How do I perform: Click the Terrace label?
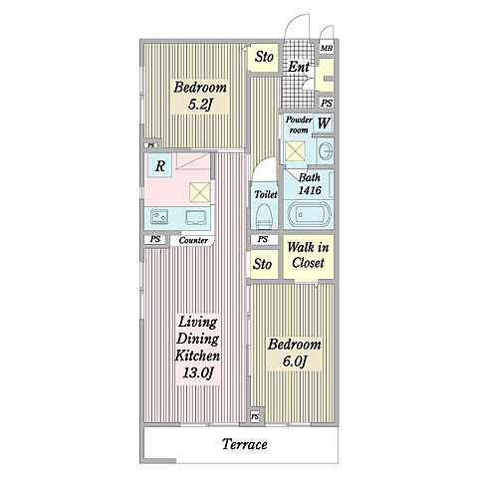[244, 444]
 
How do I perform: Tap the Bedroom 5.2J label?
[200, 96]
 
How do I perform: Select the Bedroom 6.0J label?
[295, 353]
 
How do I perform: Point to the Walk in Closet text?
[308, 255]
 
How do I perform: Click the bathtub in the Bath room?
[309, 214]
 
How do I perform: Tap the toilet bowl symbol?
[265, 216]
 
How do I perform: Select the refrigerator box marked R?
[160, 165]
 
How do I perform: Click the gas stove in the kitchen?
[159, 217]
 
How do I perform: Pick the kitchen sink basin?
[196, 218]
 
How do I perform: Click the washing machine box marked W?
[323, 123]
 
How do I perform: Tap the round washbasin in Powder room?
[326, 150]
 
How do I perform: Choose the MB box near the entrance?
[327, 49]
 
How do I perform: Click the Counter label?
[193, 240]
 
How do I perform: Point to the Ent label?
[298, 67]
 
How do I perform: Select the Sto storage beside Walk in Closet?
[263, 264]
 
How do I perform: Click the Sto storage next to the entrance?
[264, 57]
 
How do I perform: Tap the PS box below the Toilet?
[263, 239]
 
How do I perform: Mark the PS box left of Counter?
[155, 239]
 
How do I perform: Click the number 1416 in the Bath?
[310, 190]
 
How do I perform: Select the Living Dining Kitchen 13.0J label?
[197, 348]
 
